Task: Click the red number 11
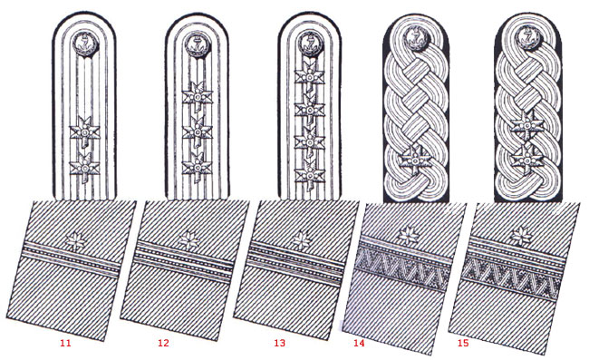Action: pyautogui.click(x=65, y=343)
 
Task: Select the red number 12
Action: pyautogui.click(x=163, y=343)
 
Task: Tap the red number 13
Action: pyautogui.click(x=280, y=343)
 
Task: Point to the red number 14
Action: pyautogui.click(x=359, y=343)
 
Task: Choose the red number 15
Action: pyautogui.click(x=463, y=343)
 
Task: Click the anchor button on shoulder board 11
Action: pyautogui.click(x=85, y=44)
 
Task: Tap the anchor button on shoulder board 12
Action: pyautogui.click(x=198, y=44)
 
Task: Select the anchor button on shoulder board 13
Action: pyautogui.click(x=310, y=44)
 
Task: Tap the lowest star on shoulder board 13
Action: pyautogui.click(x=310, y=173)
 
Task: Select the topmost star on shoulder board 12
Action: pyautogui.click(x=198, y=97)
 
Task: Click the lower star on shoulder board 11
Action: pyautogui.click(x=85, y=168)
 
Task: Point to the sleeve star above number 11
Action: pyautogui.click(x=75, y=240)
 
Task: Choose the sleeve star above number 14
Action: pyautogui.click(x=409, y=237)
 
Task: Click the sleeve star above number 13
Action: pyautogui.click(x=302, y=239)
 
